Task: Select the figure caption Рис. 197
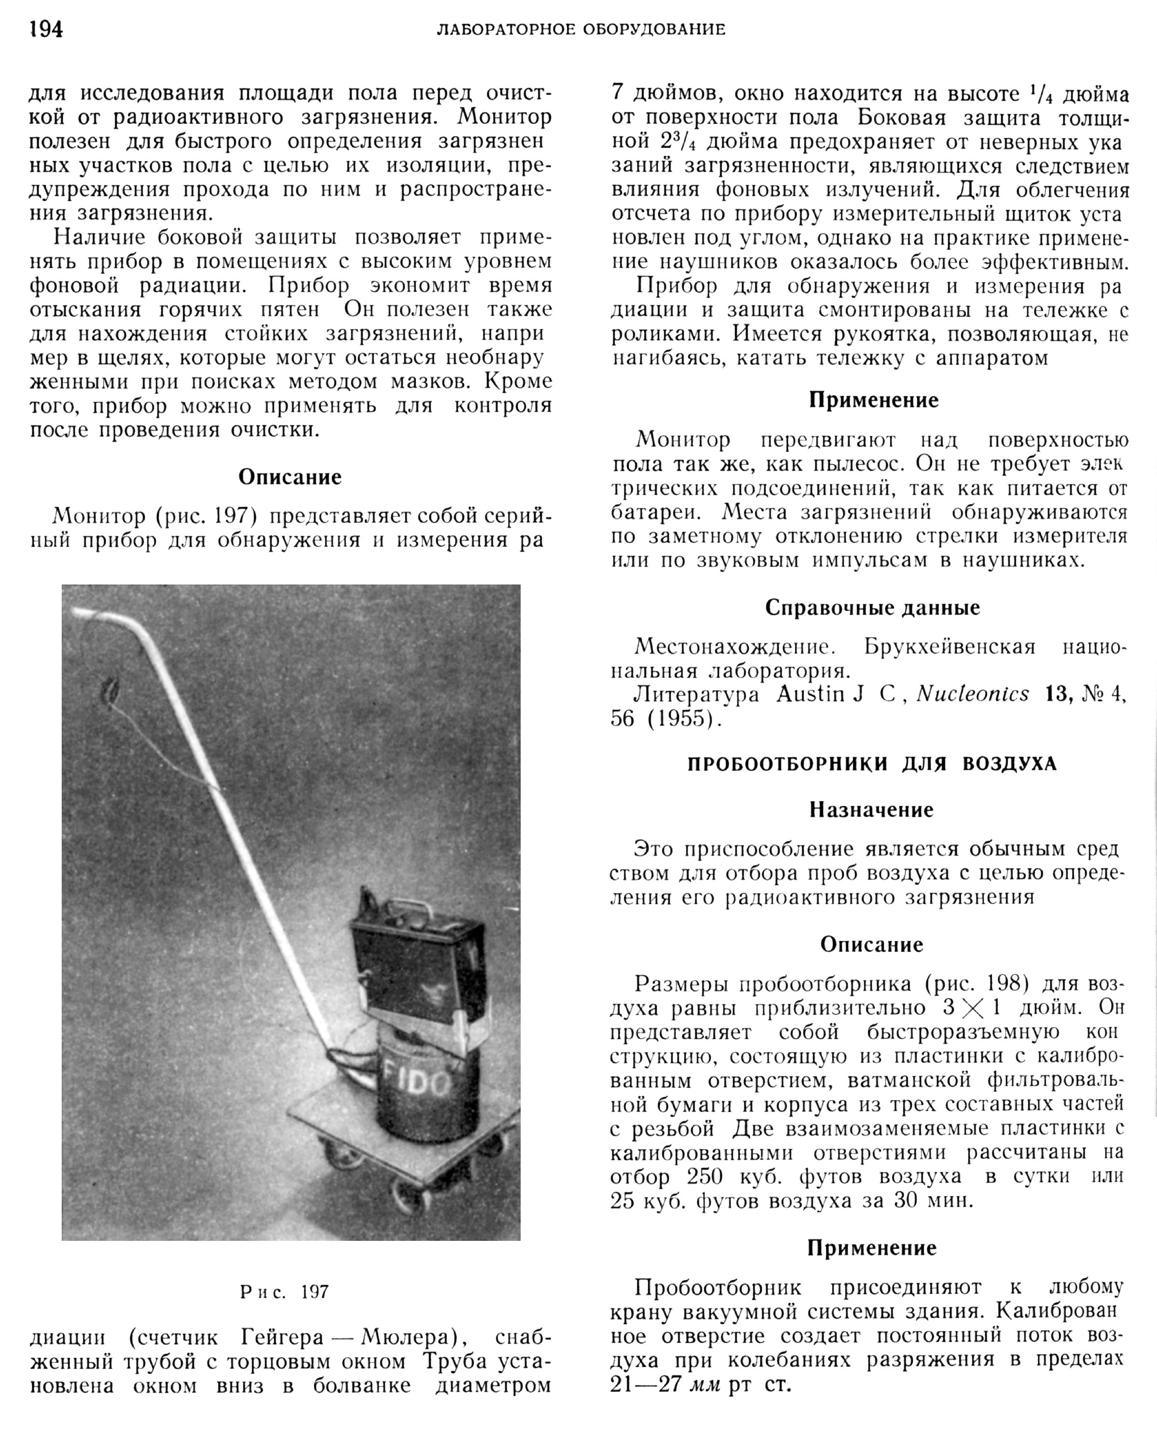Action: [284, 1291]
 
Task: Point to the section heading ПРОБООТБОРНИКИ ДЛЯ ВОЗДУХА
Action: [872, 763]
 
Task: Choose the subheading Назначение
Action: [871, 809]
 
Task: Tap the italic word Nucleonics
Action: [972, 694]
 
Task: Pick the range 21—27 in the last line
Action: [643, 1385]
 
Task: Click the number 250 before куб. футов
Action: [705, 1176]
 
